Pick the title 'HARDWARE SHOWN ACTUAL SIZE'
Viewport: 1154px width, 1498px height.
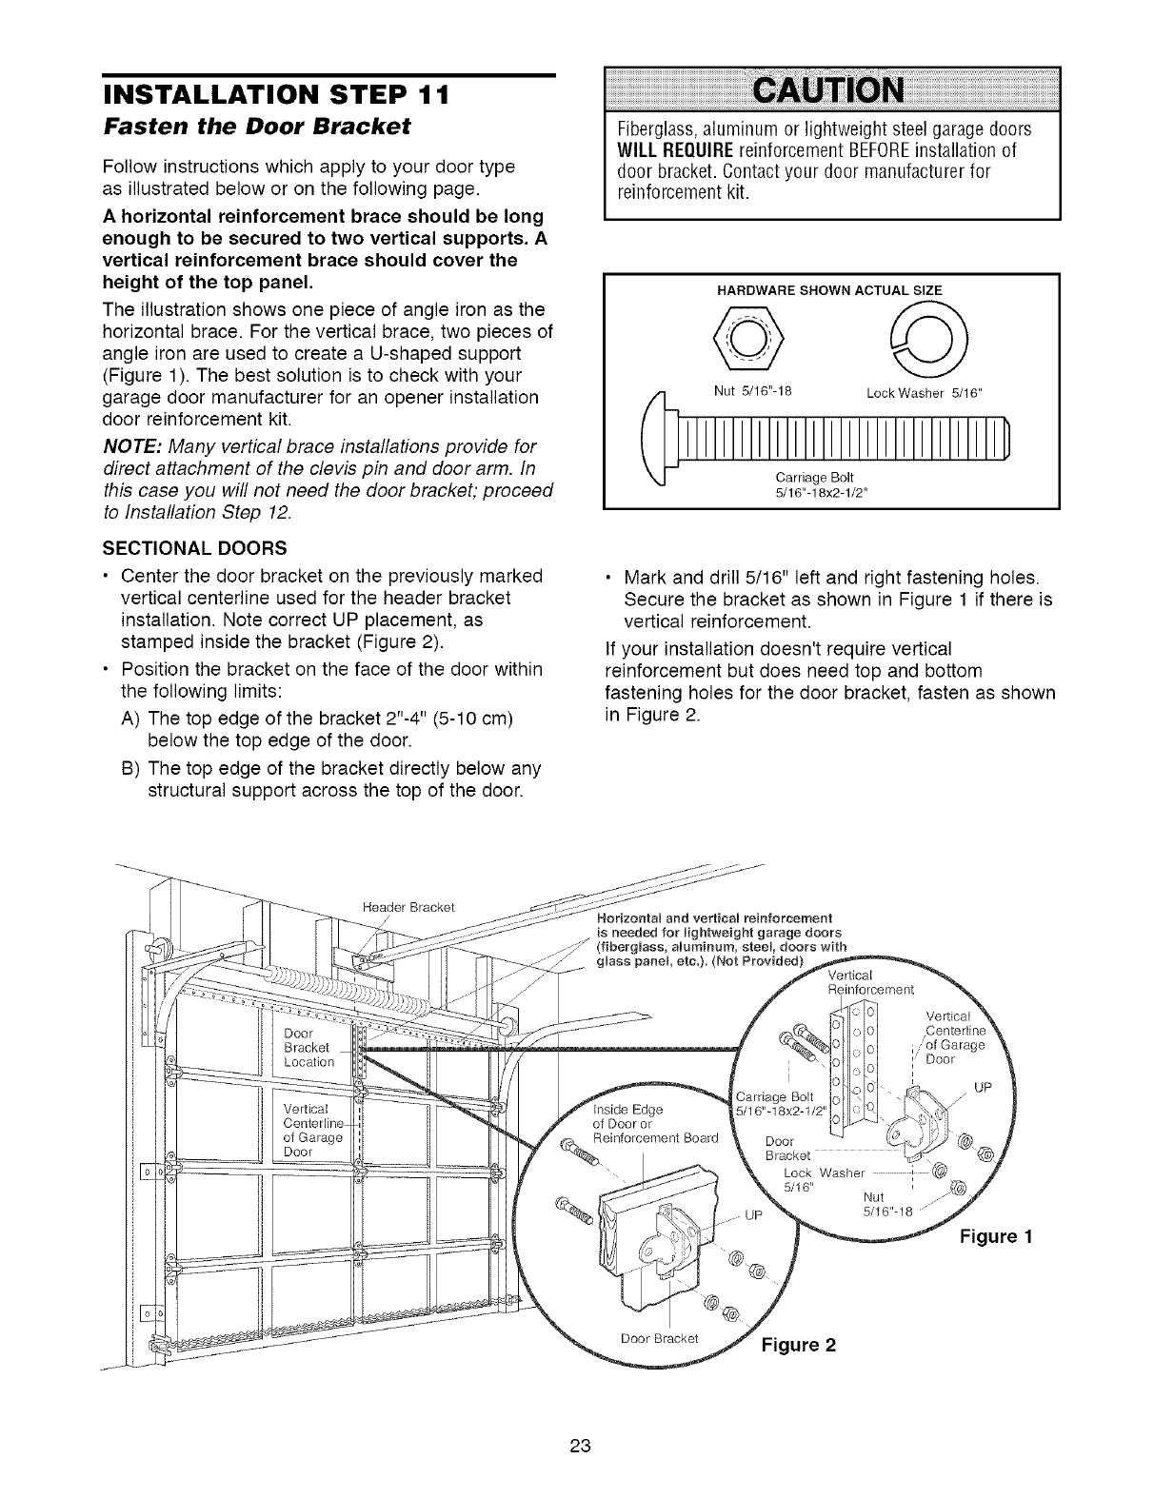pyautogui.click(x=828, y=290)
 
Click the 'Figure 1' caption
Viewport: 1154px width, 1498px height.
pyautogui.click(x=995, y=1236)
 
